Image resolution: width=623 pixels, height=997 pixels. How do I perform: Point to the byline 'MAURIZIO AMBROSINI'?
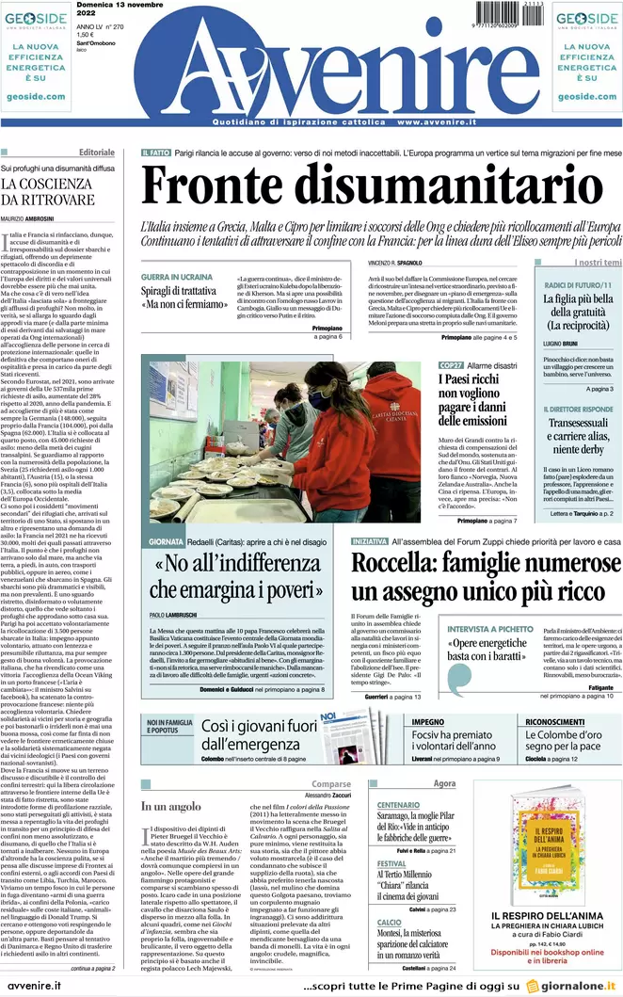pos(28,218)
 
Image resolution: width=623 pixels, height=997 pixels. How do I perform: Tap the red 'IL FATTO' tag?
pos(155,153)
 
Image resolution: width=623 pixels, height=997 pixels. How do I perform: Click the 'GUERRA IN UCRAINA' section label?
pos(177,277)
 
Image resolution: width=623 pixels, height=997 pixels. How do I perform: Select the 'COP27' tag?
pos(450,365)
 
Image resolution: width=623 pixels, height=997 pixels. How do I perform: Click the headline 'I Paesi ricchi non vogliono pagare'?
pos(479,400)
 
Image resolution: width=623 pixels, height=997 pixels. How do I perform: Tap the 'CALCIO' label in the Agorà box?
pos(390,922)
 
